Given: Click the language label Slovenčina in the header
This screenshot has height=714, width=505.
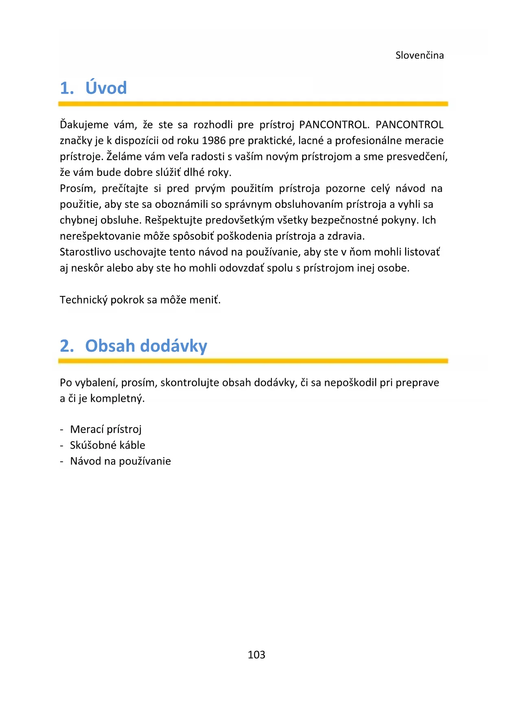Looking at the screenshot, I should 419,55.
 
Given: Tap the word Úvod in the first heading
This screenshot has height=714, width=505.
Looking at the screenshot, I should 106,88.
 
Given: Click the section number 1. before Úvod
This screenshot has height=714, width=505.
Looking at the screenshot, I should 67,88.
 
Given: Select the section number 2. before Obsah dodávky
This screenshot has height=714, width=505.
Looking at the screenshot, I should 67,346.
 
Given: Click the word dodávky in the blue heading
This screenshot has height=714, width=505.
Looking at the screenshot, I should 174,346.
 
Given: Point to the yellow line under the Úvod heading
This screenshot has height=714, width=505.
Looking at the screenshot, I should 253,104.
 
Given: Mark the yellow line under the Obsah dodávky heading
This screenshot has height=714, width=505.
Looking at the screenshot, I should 253,361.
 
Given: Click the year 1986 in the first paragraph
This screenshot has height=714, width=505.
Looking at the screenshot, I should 214,140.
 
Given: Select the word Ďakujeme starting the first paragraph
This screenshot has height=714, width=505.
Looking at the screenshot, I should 84,125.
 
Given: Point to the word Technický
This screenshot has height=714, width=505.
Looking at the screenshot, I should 83,300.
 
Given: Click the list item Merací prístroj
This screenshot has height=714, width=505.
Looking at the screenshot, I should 106,429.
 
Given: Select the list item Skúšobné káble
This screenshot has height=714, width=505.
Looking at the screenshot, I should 107,445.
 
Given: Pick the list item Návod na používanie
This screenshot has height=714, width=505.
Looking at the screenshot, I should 120,461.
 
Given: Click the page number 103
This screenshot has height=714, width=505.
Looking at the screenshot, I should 256,655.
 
